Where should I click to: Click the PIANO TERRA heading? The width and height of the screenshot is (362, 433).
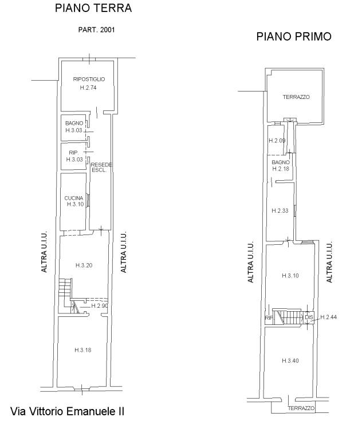[x=93, y=8]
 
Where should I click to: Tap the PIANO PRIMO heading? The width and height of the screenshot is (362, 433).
[x=294, y=37]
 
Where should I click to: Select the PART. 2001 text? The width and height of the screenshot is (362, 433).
[x=97, y=30]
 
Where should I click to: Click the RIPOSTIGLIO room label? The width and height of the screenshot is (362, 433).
[x=89, y=80]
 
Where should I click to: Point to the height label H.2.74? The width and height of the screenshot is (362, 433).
[x=88, y=88]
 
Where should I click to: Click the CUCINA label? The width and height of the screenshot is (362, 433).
[x=74, y=198]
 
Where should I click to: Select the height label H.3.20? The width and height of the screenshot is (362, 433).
[x=84, y=265]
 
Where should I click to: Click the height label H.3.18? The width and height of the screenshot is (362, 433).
[x=83, y=350]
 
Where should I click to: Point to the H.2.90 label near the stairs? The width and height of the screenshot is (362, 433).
[x=99, y=305]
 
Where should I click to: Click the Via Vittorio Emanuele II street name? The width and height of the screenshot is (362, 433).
[x=68, y=411]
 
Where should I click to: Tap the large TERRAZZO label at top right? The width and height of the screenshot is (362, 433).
[x=296, y=97]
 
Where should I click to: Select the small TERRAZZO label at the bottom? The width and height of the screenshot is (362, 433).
[x=301, y=408]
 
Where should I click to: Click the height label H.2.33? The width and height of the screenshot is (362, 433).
[x=280, y=210]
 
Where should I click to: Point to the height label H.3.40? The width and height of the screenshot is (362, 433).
[x=290, y=361]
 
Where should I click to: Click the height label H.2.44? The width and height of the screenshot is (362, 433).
[x=329, y=317]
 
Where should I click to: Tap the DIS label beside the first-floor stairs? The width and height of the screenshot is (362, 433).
[x=309, y=317]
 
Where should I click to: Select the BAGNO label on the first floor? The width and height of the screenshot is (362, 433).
[x=281, y=162]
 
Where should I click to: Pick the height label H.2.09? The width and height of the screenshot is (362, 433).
[x=277, y=141]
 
